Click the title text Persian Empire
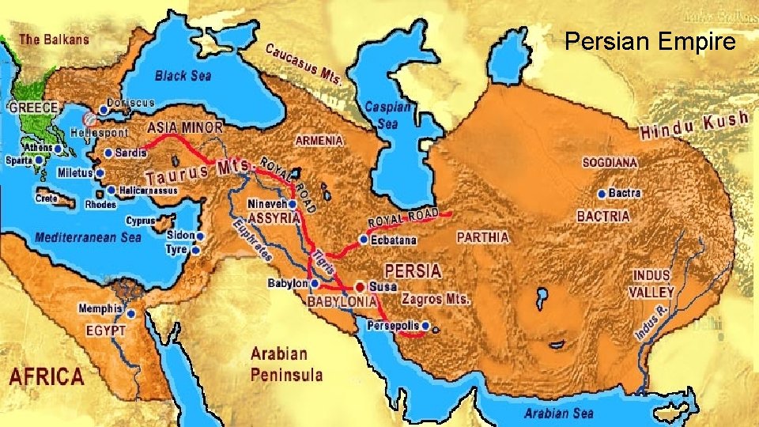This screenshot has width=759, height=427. (x=650, y=41)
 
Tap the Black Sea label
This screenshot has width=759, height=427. (x=183, y=75)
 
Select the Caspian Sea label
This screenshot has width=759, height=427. (x=387, y=115)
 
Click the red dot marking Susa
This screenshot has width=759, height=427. (x=361, y=285)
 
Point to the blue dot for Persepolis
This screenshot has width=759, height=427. (x=425, y=325)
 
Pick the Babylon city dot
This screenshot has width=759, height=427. (x=315, y=282)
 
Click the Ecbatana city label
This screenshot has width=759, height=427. (x=393, y=240)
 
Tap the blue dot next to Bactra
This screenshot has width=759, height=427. (x=602, y=193)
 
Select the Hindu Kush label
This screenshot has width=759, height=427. (x=694, y=127)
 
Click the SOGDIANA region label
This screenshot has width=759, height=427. (x=610, y=162)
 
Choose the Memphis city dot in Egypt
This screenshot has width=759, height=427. (x=130, y=313)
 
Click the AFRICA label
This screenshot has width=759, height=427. (x=46, y=376)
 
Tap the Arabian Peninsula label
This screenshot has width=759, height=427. (x=286, y=364)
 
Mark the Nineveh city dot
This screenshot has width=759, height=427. (x=293, y=203)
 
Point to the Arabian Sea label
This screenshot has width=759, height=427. (x=558, y=413)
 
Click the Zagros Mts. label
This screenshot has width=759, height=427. (x=436, y=300)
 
